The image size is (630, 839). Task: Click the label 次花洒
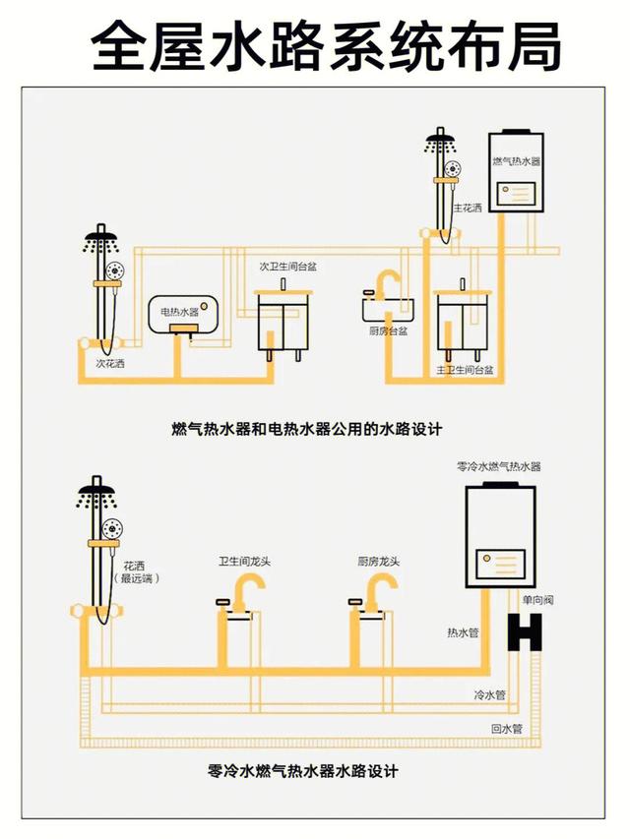tap(110, 363)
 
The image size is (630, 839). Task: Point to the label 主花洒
tap(471, 208)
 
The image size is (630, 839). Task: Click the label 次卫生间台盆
tap(287, 267)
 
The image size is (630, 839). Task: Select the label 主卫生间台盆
tap(465, 370)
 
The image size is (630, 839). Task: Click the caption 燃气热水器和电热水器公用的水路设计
tap(307, 429)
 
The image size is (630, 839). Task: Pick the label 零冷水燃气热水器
tap(499, 466)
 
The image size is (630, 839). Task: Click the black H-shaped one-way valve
tap(525, 630)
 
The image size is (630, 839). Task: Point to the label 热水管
tap(463, 632)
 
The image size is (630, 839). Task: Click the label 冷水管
tap(489, 694)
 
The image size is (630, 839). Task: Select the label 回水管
tap(506, 730)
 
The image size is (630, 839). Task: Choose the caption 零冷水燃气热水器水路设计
tap(303, 771)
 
